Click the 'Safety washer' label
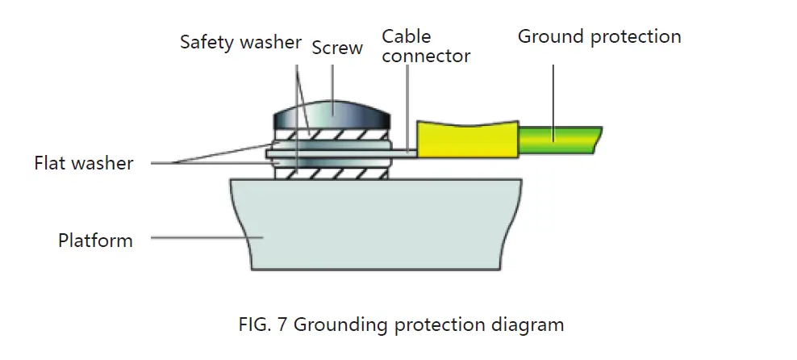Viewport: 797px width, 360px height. pyautogui.click(x=240, y=42)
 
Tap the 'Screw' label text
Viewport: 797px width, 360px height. pyautogui.click(x=337, y=48)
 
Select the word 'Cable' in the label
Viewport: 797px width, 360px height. pyautogui.click(x=406, y=36)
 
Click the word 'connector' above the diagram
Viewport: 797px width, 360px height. pyautogui.click(x=425, y=56)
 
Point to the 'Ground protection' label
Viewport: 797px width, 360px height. pyautogui.click(x=599, y=36)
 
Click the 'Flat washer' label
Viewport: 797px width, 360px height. pyautogui.click(x=83, y=163)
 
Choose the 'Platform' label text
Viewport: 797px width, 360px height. pyautogui.click(x=95, y=240)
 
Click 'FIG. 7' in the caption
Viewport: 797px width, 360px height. pyautogui.click(x=263, y=325)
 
